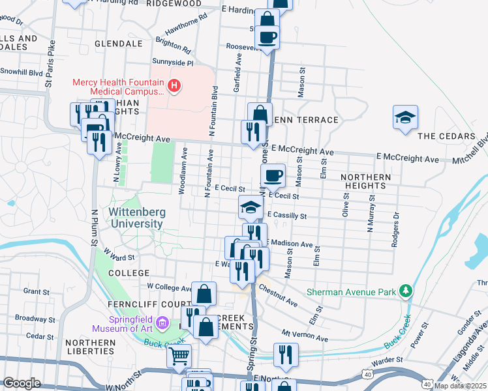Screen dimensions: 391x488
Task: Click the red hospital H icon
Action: click(x=174, y=85)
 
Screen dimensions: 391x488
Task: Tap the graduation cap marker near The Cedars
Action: click(x=405, y=117)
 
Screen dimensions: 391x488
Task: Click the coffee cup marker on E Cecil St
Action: click(x=273, y=175)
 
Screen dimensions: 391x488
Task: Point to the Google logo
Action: click(x=22, y=383)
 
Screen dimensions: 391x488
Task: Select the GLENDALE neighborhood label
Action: click(x=118, y=44)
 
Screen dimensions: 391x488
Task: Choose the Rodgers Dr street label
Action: click(x=395, y=229)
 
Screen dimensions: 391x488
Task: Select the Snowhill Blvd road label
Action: click(x=22, y=72)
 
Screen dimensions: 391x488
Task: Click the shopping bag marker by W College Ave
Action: click(x=204, y=293)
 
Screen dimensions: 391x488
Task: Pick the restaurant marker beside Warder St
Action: click(x=286, y=354)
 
